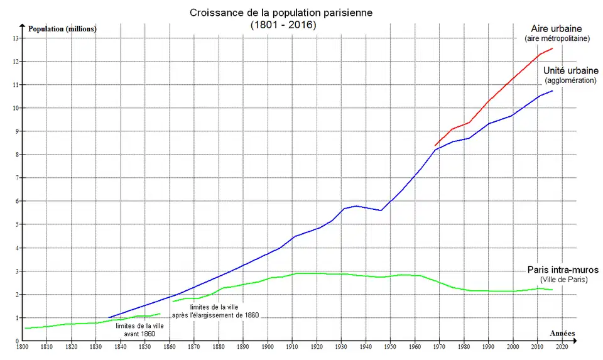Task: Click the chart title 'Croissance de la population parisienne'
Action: [283, 13]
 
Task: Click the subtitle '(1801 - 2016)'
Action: [283, 25]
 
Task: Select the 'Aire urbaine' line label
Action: [557, 29]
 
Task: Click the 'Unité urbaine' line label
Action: [570, 71]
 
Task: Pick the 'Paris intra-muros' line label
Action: [562, 270]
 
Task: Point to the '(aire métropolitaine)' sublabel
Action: [557, 39]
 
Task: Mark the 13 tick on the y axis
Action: [16, 38]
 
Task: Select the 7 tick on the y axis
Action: [17, 178]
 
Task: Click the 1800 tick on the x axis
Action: [22, 346]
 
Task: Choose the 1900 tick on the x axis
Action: [268, 346]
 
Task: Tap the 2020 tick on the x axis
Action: [562, 346]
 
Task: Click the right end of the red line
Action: [553, 48]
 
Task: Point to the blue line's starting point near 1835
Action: [109, 317]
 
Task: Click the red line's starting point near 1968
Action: [435, 146]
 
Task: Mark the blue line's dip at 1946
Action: [381, 210]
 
